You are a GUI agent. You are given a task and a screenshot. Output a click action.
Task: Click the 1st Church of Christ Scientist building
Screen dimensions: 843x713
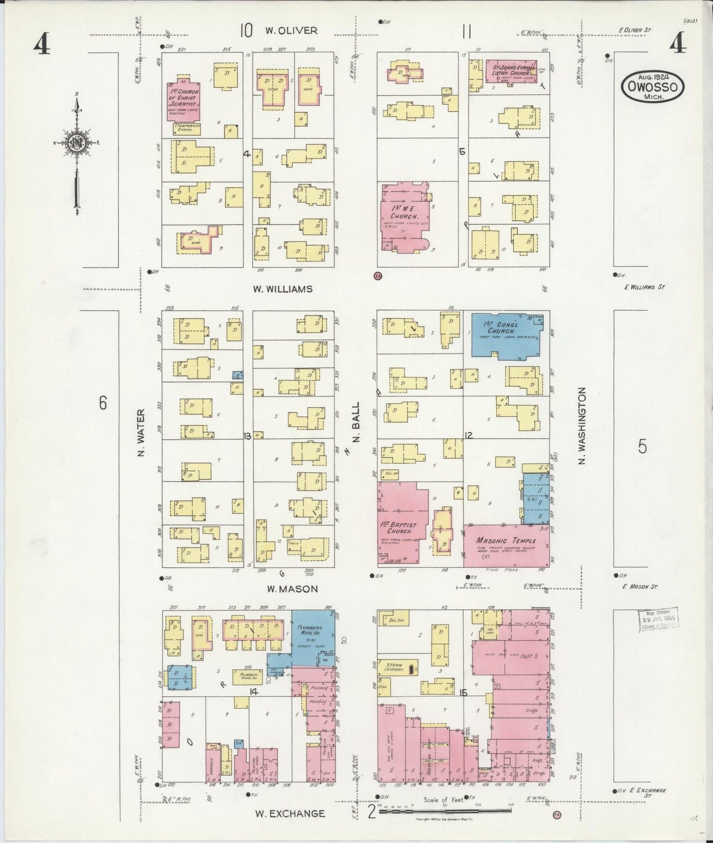pos(183,101)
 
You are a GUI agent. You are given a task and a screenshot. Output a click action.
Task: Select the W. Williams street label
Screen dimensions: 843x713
pos(283,289)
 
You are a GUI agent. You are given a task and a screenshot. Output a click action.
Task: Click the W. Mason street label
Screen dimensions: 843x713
pos(293,589)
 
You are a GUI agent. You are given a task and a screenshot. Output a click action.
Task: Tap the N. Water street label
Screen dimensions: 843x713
pos(141,432)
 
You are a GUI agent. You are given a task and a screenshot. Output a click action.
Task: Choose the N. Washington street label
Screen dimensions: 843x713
pos(582,426)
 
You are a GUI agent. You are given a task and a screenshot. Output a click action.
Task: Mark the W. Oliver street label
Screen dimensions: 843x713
pos(291,31)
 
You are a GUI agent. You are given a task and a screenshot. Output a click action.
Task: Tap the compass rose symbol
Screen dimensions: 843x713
pos(77,143)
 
